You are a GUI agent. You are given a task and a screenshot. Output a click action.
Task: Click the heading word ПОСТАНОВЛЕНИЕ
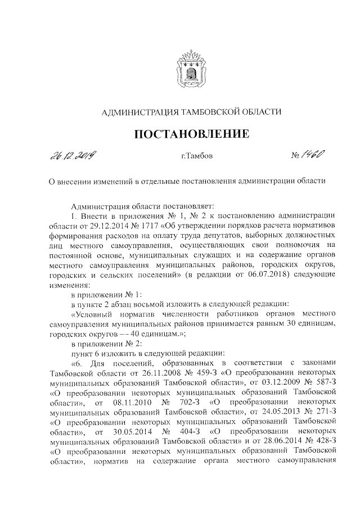tap(190, 134)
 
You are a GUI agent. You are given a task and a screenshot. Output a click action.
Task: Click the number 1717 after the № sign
tap(138, 226)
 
